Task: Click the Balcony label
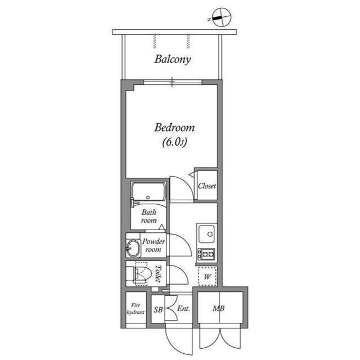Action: click(x=173, y=58)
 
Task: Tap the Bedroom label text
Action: click(x=174, y=128)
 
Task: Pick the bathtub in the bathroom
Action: click(x=149, y=193)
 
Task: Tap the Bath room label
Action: click(x=148, y=217)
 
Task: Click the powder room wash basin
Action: click(x=133, y=248)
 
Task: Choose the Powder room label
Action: click(x=153, y=245)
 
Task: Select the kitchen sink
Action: click(x=206, y=233)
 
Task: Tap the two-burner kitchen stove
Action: click(x=206, y=254)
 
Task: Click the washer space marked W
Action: click(x=206, y=276)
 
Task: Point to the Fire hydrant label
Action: click(x=135, y=308)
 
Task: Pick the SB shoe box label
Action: click(x=158, y=309)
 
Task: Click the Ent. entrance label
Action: click(x=183, y=309)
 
